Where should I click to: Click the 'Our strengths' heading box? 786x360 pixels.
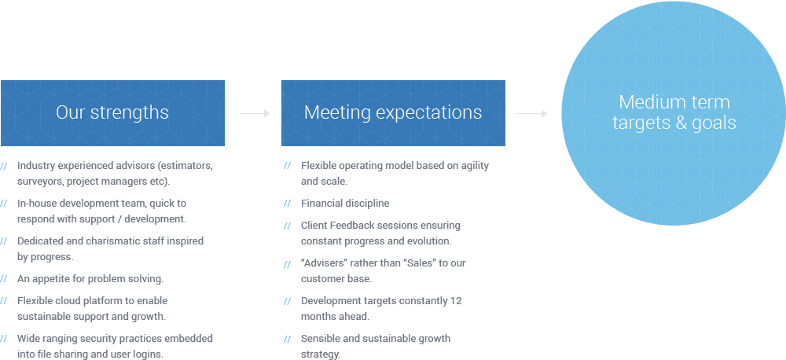(x=112, y=113)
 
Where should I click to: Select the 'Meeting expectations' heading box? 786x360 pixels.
(x=393, y=113)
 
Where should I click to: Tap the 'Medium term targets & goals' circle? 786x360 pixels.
(x=674, y=113)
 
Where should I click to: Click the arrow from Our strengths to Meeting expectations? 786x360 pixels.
(x=254, y=114)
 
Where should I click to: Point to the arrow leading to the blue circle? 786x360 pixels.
(x=532, y=114)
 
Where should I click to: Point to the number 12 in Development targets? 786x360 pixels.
(x=456, y=301)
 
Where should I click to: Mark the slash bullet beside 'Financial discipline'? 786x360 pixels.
(x=287, y=204)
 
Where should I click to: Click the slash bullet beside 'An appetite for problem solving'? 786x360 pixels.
(x=3, y=279)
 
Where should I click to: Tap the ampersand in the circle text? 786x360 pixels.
(x=681, y=122)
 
